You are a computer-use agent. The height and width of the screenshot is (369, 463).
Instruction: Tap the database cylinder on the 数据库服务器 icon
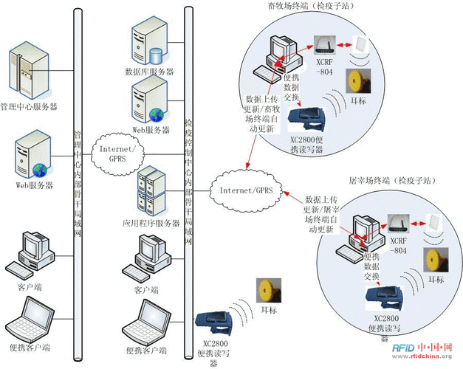156,55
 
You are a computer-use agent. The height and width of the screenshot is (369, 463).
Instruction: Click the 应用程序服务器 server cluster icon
151,193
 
